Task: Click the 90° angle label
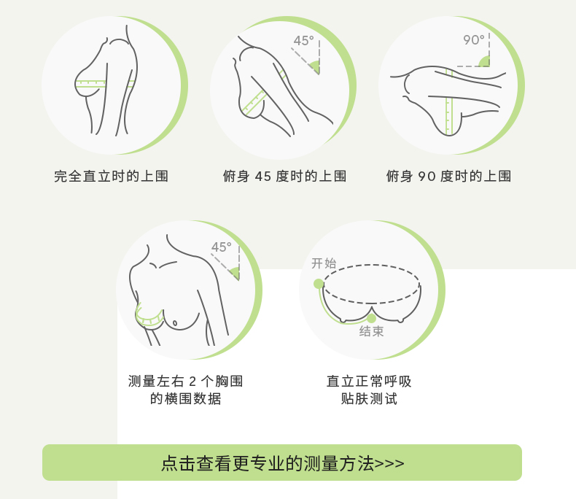[x=474, y=39]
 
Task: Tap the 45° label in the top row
[x=303, y=40]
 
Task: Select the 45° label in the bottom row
[x=221, y=247]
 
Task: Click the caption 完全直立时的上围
[x=111, y=177]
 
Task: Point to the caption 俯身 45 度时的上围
[x=284, y=177]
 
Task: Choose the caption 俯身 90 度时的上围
[x=448, y=177]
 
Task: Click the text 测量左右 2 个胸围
[x=185, y=381]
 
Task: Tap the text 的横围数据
[x=185, y=398]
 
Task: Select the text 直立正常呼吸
[x=369, y=381]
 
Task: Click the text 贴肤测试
[x=369, y=398]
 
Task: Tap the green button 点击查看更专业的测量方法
[x=282, y=463]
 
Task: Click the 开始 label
[x=324, y=263]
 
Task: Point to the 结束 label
[x=371, y=331]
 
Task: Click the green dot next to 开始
[x=319, y=284]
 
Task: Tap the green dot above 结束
[x=371, y=318]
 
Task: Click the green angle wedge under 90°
[x=485, y=62]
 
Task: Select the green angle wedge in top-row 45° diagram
[x=315, y=67]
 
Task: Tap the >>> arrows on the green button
[x=389, y=463]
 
